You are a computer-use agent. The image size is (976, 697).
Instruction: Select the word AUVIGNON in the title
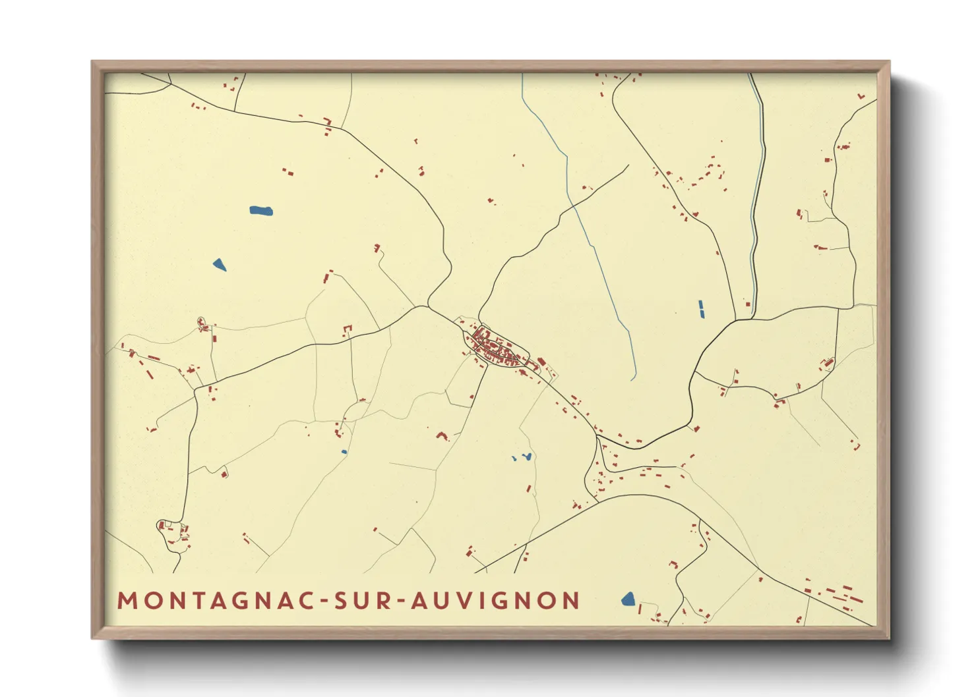tap(495, 601)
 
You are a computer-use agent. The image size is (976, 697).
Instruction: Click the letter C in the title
tap(307, 601)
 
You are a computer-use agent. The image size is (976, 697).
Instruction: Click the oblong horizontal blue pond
tap(261, 211)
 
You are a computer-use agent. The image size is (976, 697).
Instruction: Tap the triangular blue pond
tap(220, 265)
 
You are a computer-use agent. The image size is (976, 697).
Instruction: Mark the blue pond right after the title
tap(628, 599)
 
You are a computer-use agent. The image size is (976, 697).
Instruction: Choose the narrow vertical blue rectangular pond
tap(701, 309)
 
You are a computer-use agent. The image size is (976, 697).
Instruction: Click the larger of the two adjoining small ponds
tap(526, 456)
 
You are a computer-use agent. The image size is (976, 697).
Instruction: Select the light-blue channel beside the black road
tap(758, 198)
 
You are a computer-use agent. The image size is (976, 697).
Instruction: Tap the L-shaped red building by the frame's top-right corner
tap(861, 97)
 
